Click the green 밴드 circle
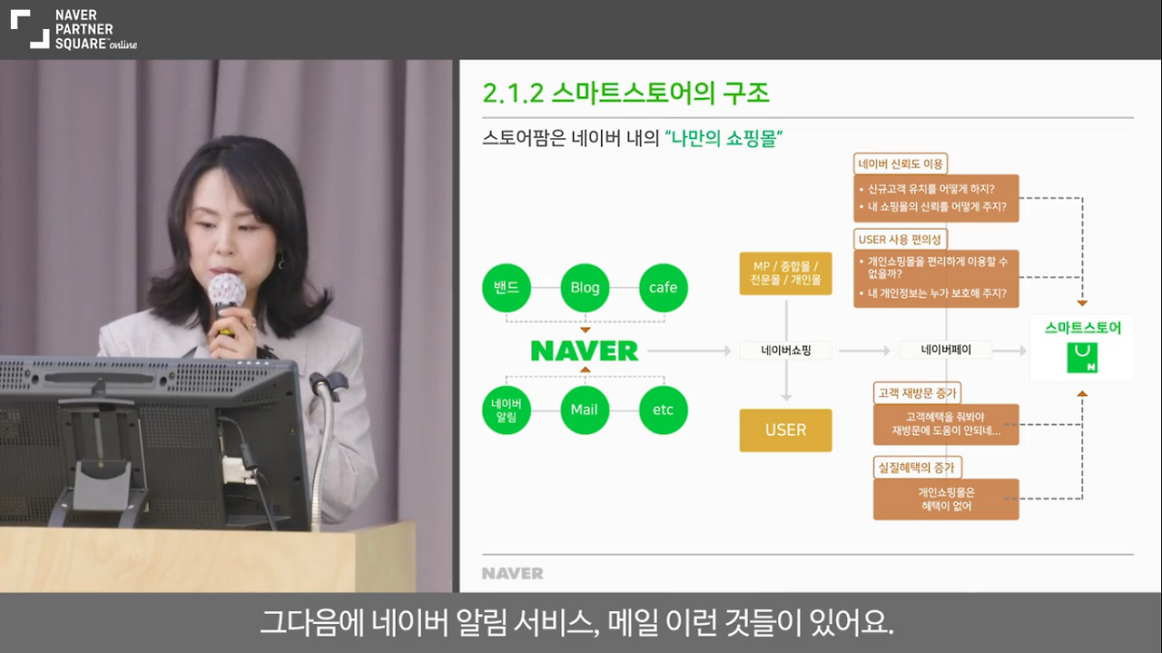[x=506, y=287]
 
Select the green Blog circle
[x=585, y=287]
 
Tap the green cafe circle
[x=663, y=287]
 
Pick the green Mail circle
[x=585, y=410]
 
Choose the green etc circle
[x=663, y=410]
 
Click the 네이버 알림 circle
[x=506, y=410]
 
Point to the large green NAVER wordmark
[x=585, y=351]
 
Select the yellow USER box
[x=785, y=430]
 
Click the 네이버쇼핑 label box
[x=785, y=350]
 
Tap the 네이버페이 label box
[x=945, y=350]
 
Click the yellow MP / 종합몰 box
[x=785, y=272]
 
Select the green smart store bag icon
[x=1082, y=358]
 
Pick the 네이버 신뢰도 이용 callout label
[x=901, y=163]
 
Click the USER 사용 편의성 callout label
[x=901, y=239]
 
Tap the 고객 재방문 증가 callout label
[x=917, y=393]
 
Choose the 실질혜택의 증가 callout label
[x=917, y=467]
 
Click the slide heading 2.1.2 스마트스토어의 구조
[x=625, y=93]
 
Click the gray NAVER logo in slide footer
[x=512, y=573]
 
